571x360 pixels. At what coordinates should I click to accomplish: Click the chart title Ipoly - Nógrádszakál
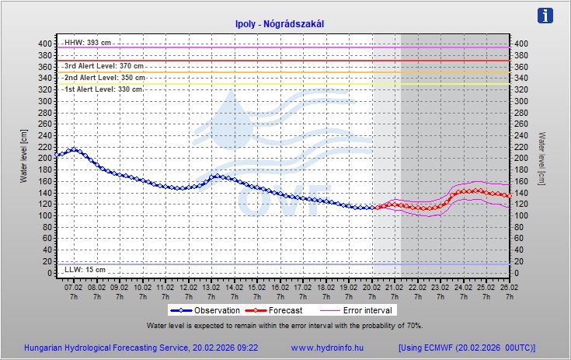[x=279, y=24]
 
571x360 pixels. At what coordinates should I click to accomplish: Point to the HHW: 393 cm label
[x=88, y=43]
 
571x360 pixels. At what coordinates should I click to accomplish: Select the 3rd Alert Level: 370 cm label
[x=103, y=66]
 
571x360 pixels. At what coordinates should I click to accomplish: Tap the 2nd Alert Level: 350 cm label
[x=104, y=78]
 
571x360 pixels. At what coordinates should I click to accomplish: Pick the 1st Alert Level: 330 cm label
[x=103, y=89]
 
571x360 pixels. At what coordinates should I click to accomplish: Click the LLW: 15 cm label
[x=84, y=269]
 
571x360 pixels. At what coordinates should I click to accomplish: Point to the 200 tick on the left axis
[x=44, y=158]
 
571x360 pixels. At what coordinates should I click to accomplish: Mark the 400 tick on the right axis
[x=522, y=44]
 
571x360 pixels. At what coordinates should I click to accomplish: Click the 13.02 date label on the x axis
[x=211, y=287]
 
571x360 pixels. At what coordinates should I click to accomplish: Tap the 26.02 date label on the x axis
[x=508, y=287]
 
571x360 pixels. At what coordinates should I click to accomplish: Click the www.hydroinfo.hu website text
[x=326, y=348]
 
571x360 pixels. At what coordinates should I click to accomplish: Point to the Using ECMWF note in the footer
[x=466, y=348]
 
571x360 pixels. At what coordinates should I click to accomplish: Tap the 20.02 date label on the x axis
[x=371, y=287]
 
